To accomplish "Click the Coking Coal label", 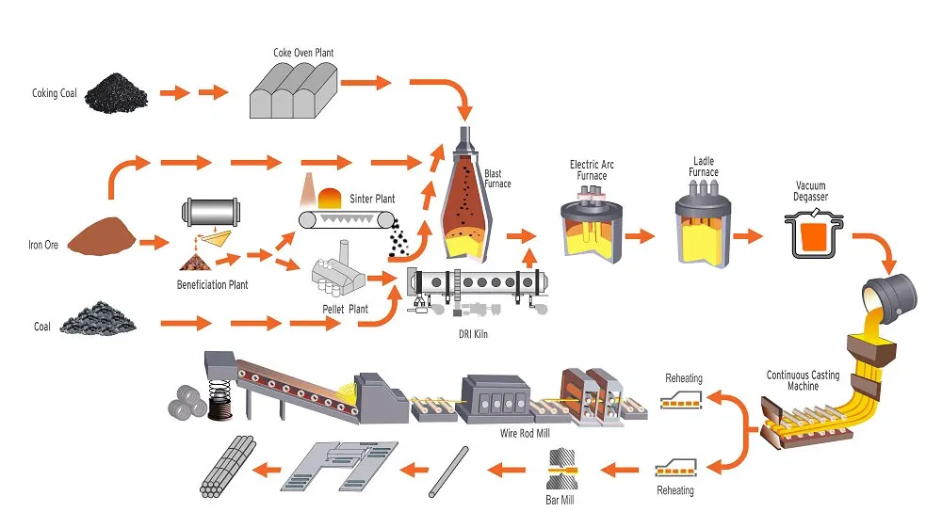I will click(x=54, y=93).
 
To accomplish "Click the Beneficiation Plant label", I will click(x=213, y=284).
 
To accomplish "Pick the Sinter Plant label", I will click(x=372, y=199).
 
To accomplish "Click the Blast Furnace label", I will click(x=498, y=179).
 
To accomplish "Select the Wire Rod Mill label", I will click(x=525, y=434).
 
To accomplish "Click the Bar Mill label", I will click(x=560, y=500).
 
